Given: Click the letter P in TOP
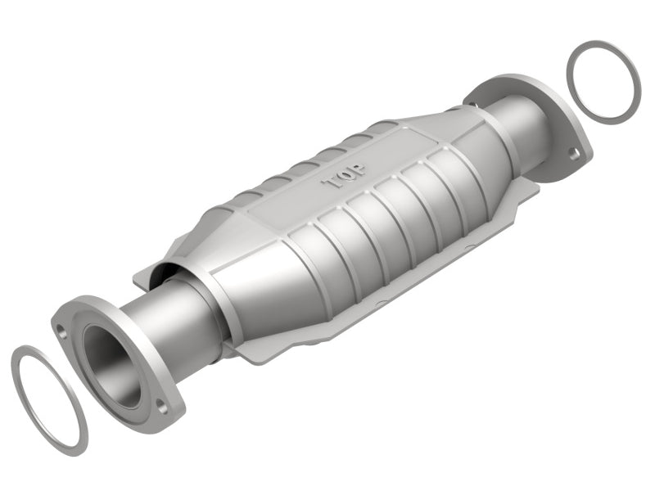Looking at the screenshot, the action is click(x=359, y=169).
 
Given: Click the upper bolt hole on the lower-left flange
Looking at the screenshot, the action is click(x=62, y=333).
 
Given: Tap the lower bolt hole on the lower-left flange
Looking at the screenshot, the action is click(x=161, y=405).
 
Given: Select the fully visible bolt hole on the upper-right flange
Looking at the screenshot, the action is click(x=576, y=154).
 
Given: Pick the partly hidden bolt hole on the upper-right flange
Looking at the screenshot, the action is click(x=473, y=103).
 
